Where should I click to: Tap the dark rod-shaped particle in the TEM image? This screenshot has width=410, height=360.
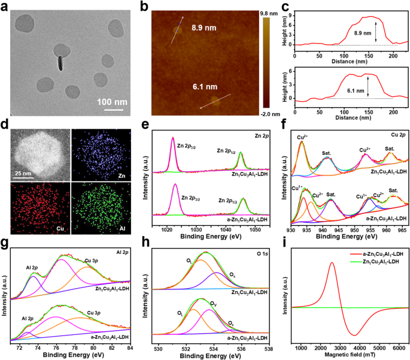pos(60,63)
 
